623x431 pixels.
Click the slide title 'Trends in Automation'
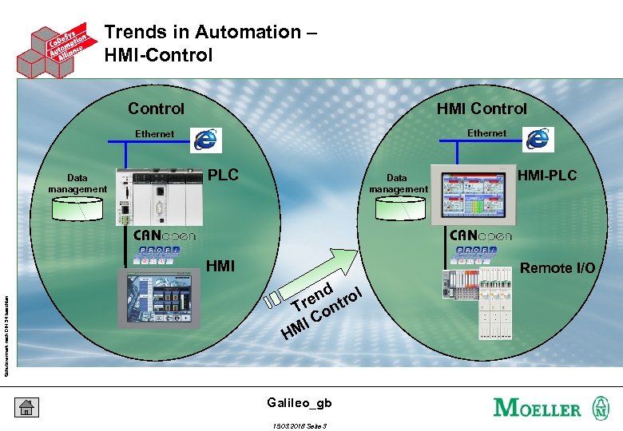tap(211, 33)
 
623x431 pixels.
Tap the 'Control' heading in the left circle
tap(156, 109)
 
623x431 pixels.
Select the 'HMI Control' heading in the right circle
tap(482, 109)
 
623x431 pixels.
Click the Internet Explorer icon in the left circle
tap(207, 140)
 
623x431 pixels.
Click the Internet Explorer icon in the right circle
tap(538, 139)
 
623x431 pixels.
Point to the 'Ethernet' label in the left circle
tap(154, 134)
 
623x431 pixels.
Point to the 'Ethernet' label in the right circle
tap(486, 133)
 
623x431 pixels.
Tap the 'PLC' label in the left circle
tap(223, 175)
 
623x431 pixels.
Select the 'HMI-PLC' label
tap(547, 176)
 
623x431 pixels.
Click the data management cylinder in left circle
tap(77, 209)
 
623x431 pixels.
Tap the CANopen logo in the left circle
tap(165, 235)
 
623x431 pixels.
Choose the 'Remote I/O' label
tap(558, 268)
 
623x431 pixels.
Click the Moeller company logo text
tap(538, 408)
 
